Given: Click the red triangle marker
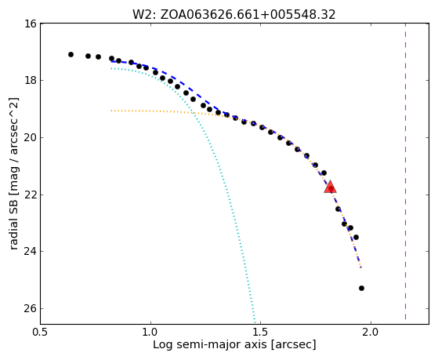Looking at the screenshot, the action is coord(330,187).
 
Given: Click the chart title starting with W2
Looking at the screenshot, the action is coord(233,15).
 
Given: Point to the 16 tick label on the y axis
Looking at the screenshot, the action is coord(31,24).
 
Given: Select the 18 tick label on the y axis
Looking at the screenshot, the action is coord(31,80).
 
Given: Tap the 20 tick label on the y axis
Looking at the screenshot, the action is coord(31,137).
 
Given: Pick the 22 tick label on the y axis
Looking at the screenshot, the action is coord(31,195).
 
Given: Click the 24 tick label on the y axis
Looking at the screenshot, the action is coord(31,252).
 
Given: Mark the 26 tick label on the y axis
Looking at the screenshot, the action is coord(31,308).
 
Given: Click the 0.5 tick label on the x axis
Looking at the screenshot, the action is coord(41,333).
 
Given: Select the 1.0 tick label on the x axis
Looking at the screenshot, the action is coord(150,333).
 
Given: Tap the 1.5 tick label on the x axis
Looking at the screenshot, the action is coord(261,333).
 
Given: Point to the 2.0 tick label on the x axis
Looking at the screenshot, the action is coord(371,333).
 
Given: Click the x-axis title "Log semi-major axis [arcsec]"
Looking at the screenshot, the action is coord(234,344).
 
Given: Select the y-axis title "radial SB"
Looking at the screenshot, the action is coord(13,224).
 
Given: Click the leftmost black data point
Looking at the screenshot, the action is coord(71,55).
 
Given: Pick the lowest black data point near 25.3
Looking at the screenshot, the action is coord(361,288).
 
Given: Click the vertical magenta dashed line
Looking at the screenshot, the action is coord(405,171).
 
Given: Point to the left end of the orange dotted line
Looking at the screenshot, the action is coord(111,111).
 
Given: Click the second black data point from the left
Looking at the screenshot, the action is coord(88,56).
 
